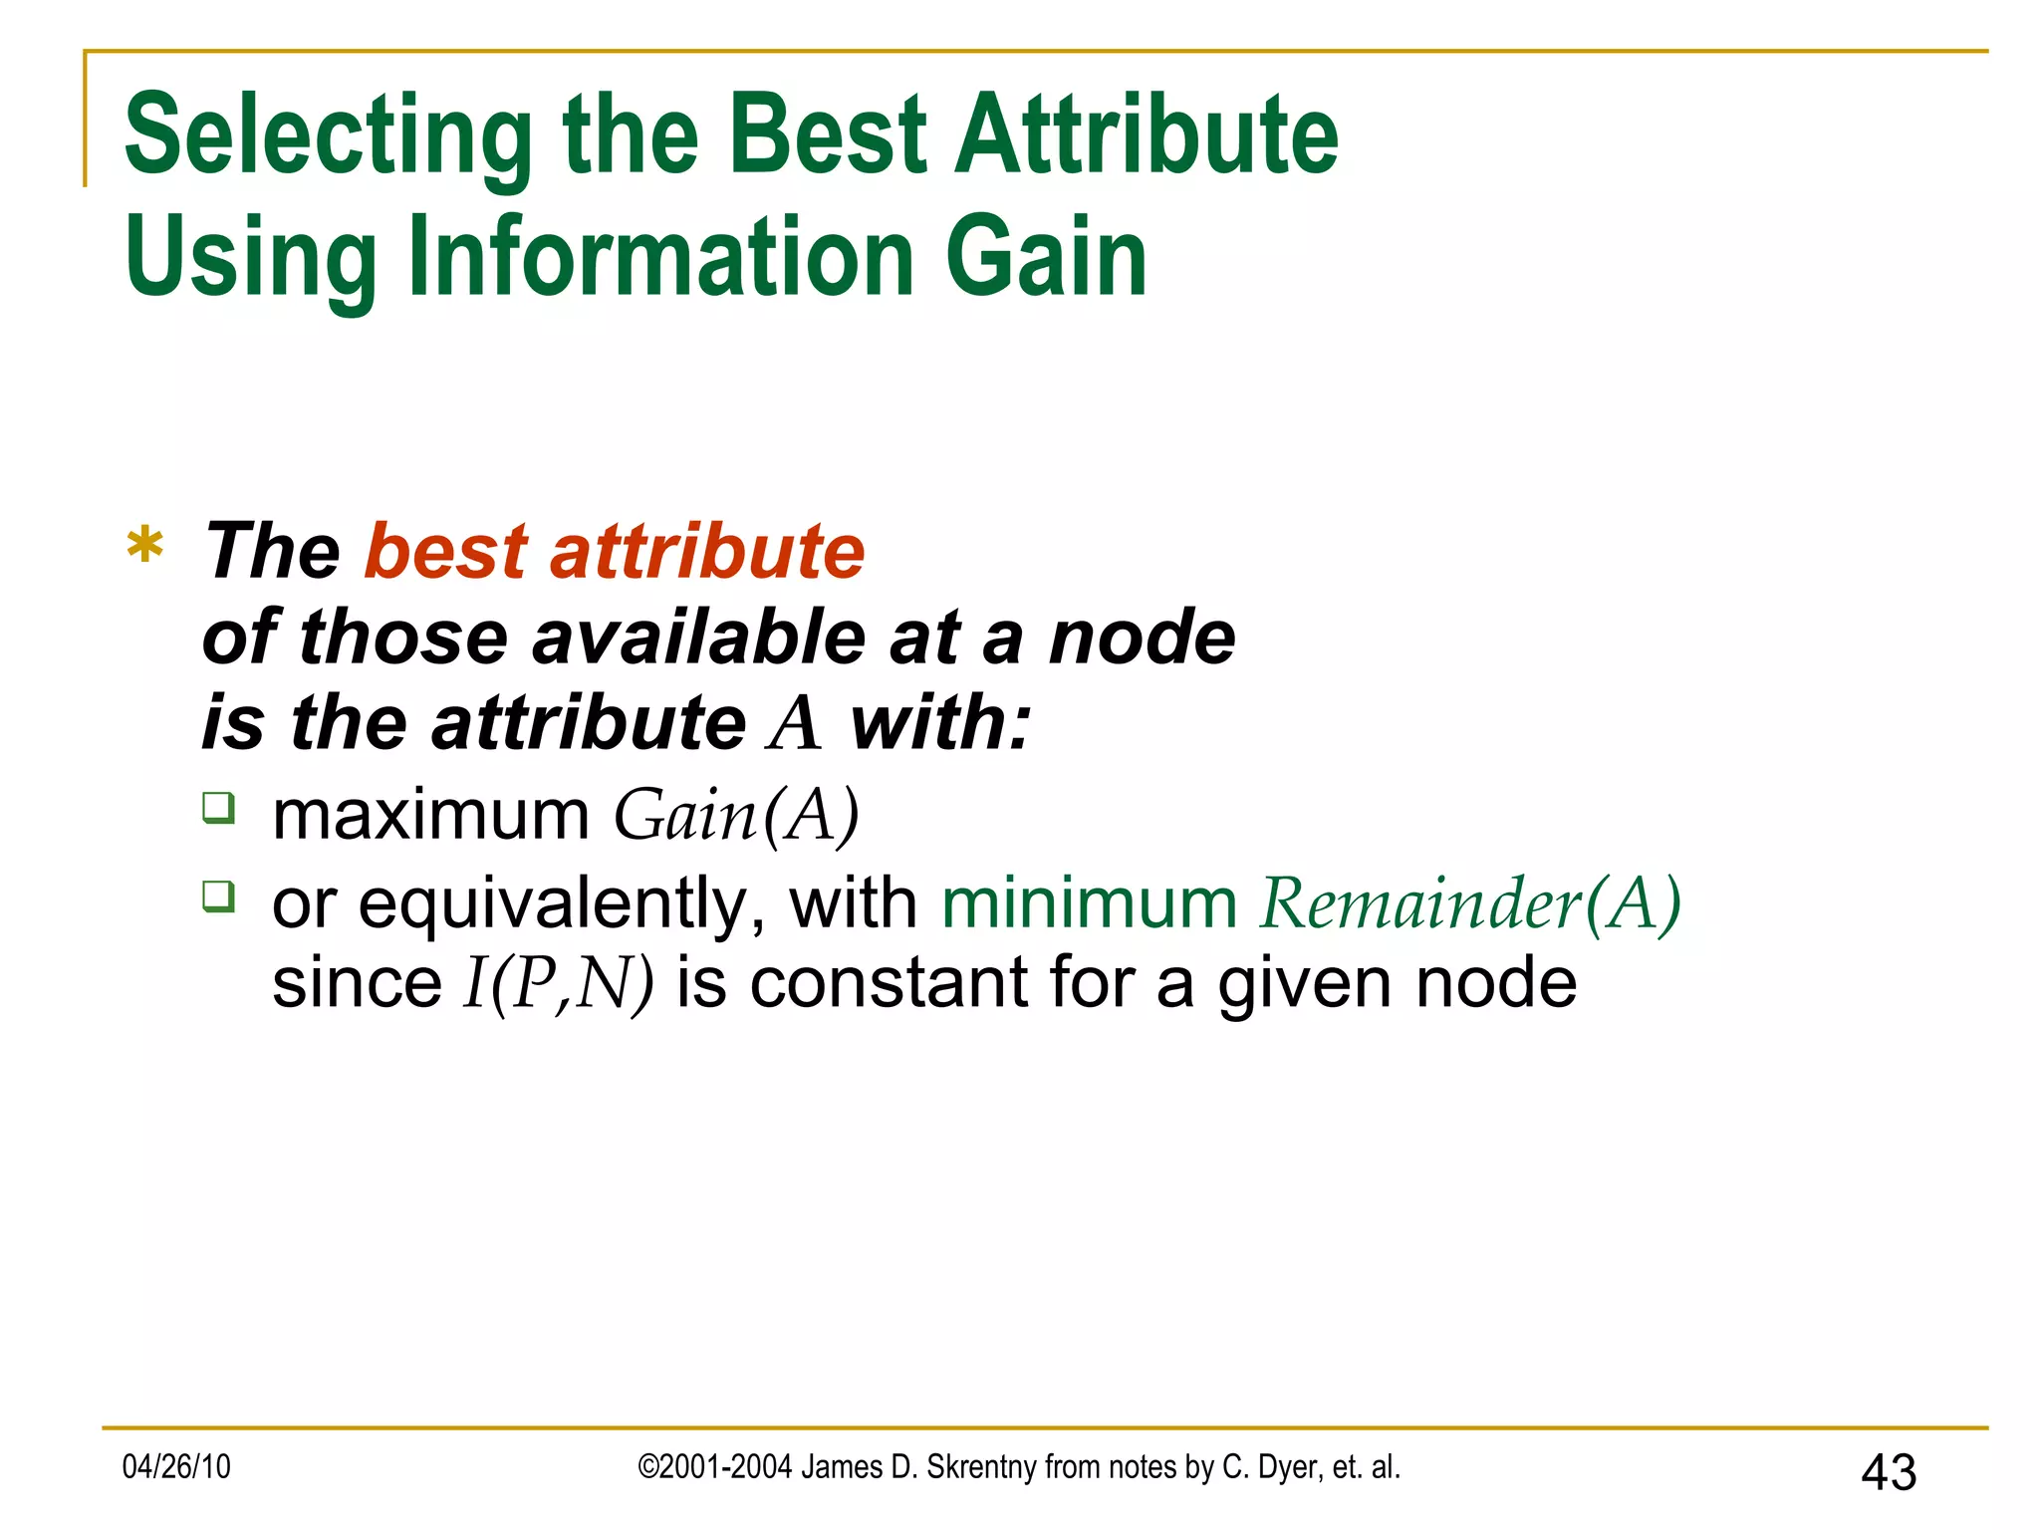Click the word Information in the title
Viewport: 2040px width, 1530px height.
[x=660, y=258]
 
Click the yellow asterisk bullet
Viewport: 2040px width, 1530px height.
[x=145, y=546]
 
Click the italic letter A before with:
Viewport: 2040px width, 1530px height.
[x=795, y=723]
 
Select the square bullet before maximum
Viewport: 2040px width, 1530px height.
[x=218, y=807]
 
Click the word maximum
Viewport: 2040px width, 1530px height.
[x=431, y=816]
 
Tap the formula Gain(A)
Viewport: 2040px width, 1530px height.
[x=736, y=816]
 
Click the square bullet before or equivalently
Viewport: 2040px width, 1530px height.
[x=218, y=895]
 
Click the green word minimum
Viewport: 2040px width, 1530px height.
[x=1089, y=904]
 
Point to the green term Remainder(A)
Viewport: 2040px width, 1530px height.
[x=1469, y=904]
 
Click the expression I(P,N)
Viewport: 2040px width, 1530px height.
[x=558, y=984]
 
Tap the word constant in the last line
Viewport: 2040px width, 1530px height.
[x=888, y=984]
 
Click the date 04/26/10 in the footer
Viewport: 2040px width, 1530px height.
[x=176, y=1467]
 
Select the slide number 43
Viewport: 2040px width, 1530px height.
[x=1888, y=1472]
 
